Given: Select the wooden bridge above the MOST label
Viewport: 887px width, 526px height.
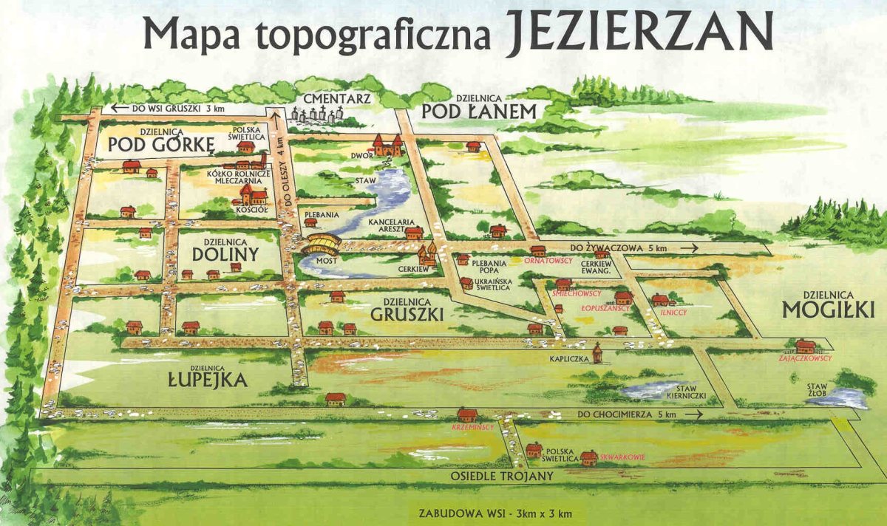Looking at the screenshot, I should pos(322,244).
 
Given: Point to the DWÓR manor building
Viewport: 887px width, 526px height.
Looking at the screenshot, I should pos(387,145).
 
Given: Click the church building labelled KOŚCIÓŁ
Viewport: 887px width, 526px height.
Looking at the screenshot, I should pos(251,195).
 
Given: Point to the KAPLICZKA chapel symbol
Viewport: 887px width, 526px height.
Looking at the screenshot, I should pos(597,355).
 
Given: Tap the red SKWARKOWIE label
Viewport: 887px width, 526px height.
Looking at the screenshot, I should pos(622,457).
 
